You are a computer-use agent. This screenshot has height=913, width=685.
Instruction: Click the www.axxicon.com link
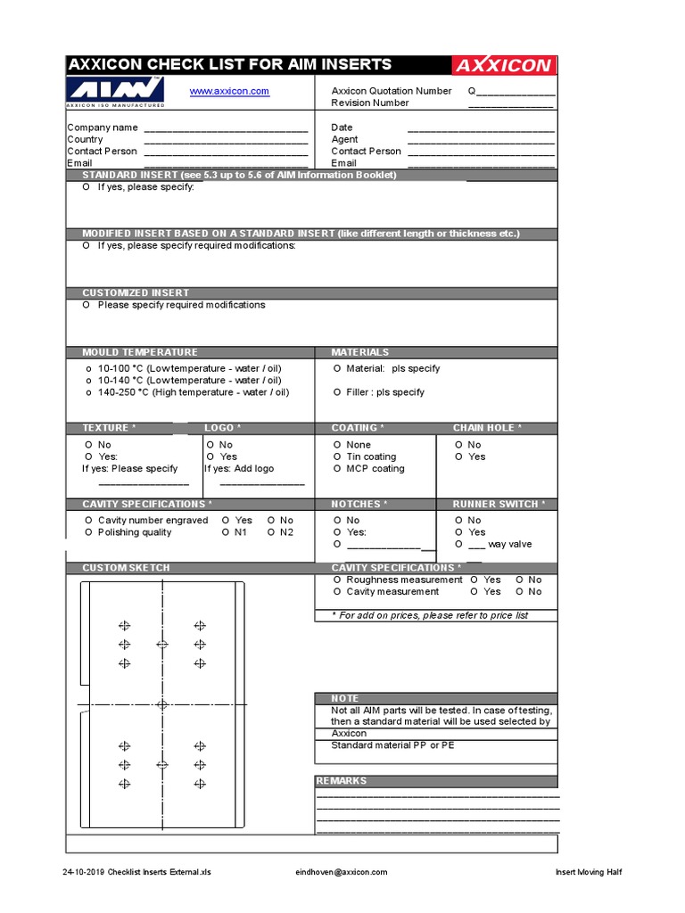point(229,91)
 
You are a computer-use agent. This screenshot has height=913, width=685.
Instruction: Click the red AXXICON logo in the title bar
point(503,66)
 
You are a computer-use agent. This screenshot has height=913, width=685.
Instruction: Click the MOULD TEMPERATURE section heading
point(140,352)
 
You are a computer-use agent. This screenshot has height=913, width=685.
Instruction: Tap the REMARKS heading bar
point(341,781)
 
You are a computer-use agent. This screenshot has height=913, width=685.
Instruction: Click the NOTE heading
point(344,698)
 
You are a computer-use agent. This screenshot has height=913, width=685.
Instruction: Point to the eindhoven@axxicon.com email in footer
point(342,872)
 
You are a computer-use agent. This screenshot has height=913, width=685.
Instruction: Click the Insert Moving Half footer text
point(588,872)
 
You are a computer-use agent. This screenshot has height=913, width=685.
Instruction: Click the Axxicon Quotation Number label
point(392,91)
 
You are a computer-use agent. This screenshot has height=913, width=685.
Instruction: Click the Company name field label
point(103,127)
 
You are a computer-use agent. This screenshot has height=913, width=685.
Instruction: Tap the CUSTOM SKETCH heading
point(126,568)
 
